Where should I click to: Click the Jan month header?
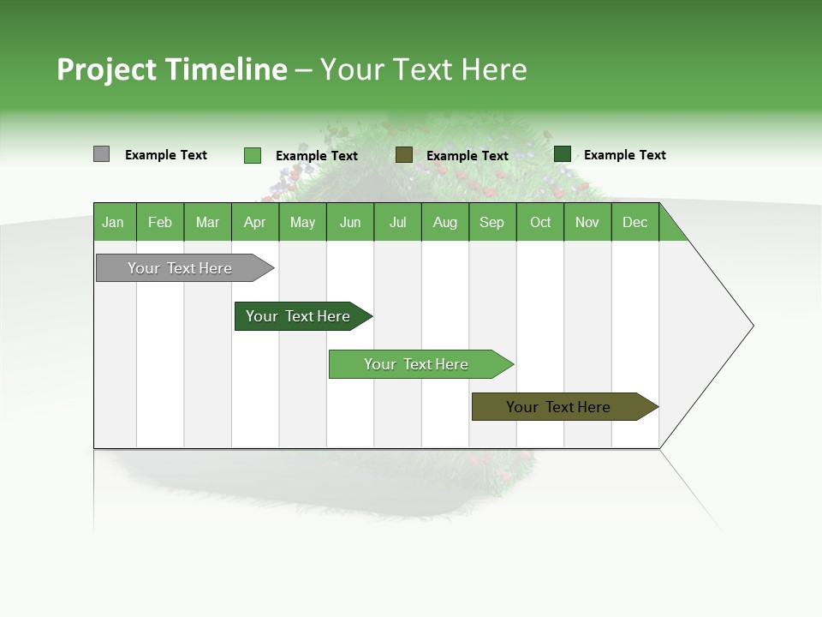[x=113, y=223]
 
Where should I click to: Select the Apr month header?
[x=254, y=223]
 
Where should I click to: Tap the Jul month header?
[x=397, y=223]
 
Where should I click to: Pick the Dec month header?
[x=634, y=223]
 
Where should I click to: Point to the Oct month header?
[x=540, y=223]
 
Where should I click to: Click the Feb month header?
[x=160, y=223]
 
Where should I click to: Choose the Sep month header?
[x=491, y=223]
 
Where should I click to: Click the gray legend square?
[x=101, y=154]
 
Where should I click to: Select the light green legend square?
[x=252, y=155]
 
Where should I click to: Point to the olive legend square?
[x=404, y=155]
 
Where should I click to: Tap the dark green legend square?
[x=563, y=154]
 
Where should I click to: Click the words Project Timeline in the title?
[x=171, y=69]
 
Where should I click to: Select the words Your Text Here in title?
[x=423, y=69]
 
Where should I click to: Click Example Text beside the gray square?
[x=166, y=155]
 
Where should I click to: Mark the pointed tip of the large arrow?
[x=752, y=326]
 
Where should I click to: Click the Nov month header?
[x=587, y=223]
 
